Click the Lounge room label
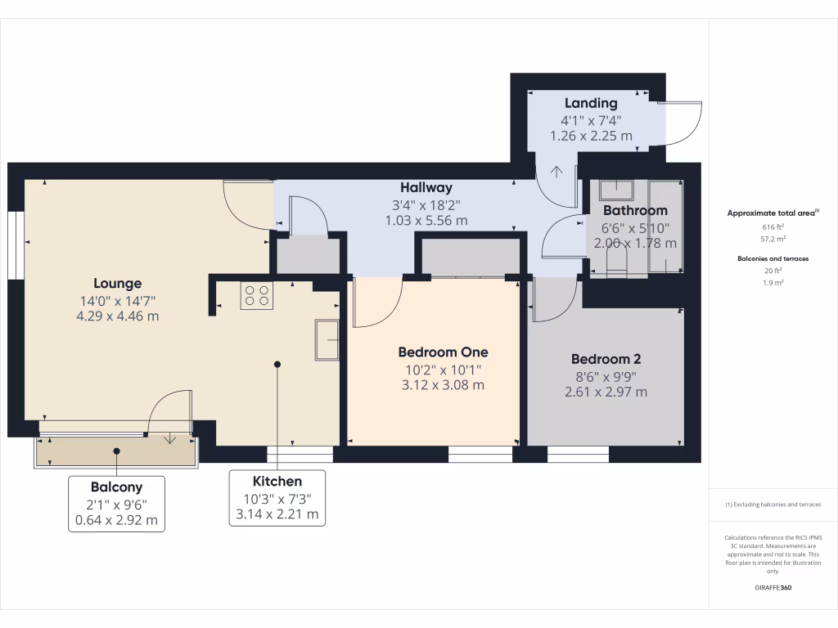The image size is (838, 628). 118,284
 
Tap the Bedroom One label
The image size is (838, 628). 443,352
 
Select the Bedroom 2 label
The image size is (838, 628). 606,359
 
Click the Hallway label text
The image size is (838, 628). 426,188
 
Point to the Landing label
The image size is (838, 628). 591,103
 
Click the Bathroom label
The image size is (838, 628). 635,210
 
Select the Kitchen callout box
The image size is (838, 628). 277,498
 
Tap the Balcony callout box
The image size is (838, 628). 115,504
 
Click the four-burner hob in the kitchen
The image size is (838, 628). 256,295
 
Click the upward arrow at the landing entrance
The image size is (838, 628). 556,173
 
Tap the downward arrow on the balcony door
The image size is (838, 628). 169,437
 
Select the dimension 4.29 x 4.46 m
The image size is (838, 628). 118,316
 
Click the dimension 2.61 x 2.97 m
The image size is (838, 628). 606,392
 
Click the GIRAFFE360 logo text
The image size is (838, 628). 773,588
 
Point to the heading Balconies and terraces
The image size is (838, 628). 773,258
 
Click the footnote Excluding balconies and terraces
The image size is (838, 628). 773,505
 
